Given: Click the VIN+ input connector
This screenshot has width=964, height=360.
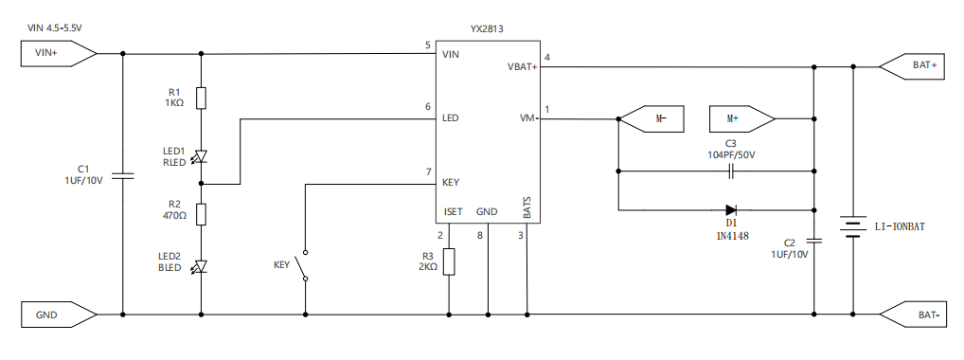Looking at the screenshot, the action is click(59, 53).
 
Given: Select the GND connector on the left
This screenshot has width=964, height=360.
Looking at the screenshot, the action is click(59, 315).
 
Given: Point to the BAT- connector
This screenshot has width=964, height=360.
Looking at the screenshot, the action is click(912, 315).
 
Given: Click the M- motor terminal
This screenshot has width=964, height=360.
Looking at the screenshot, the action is click(651, 118).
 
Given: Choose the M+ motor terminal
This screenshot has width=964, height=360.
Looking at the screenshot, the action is click(742, 118).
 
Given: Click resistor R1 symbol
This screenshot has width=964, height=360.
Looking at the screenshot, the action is click(201, 98).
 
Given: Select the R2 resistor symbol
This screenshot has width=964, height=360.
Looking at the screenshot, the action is click(201, 214).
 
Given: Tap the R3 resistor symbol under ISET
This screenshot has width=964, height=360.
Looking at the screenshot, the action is click(449, 261).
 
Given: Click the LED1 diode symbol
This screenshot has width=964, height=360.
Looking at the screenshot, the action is click(201, 157).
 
